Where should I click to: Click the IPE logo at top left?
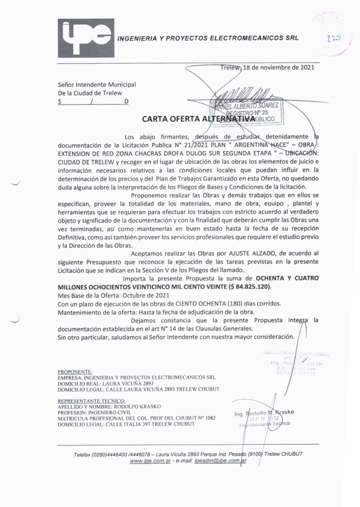(x=86, y=38)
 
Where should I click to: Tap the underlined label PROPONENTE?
(x=75, y=371)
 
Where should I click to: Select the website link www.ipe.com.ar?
(x=151, y=461)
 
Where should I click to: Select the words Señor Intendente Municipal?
(x=97, y=85)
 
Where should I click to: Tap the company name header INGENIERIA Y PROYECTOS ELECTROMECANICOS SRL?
(x=207, y=38)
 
